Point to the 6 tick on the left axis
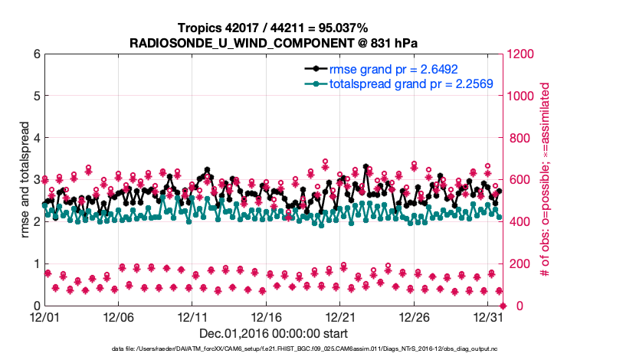35,54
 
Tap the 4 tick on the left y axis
35,138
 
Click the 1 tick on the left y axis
35,264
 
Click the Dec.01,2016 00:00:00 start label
273,333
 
